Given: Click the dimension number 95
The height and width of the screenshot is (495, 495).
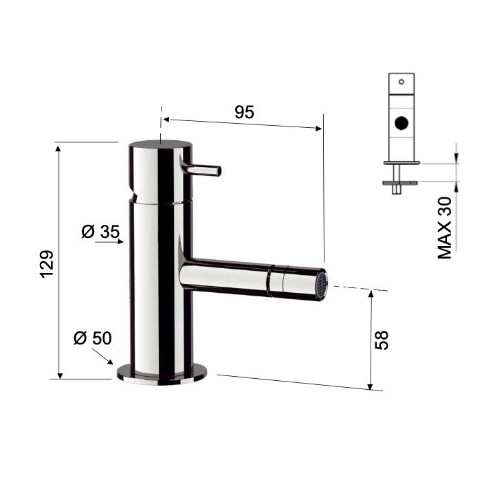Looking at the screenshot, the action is pos(244,112).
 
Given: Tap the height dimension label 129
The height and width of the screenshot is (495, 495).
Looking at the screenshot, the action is pos(47,264).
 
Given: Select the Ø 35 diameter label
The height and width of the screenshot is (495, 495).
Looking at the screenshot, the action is pos(100,232).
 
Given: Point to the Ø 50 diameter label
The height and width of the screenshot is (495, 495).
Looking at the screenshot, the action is pos(93,338).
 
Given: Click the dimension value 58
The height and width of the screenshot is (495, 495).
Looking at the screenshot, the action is pos(382,340).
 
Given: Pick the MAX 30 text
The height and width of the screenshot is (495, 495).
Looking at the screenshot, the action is pos(445,228).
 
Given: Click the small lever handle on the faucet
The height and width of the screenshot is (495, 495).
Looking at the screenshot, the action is pos(201,169).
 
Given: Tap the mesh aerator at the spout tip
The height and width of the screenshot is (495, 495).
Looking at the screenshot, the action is pos(322,285).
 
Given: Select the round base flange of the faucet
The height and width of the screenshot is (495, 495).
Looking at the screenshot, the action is pos(162,375).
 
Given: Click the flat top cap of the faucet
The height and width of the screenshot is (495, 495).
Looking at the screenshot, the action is pos(161,145).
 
